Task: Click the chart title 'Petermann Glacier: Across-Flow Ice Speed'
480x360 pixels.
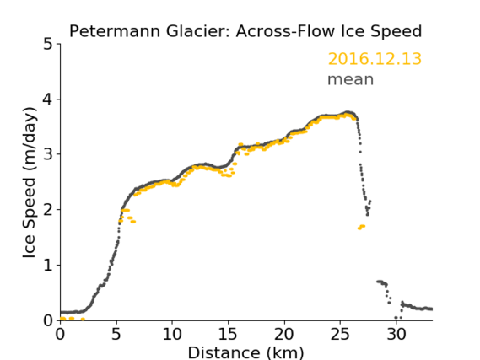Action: point(245,31)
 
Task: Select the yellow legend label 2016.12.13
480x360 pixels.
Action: point(375,59)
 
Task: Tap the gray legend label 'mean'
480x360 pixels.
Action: point(351,79)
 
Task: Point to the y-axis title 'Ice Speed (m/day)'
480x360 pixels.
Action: point(30,183)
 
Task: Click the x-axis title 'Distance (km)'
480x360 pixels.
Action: point(245,352)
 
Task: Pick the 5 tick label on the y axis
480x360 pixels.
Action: point(48,44)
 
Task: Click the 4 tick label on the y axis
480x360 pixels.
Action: point(48,99)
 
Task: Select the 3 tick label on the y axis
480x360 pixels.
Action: point(48,154)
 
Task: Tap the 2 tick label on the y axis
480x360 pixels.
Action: point(48,210)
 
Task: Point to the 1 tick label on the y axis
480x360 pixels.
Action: point(48,265)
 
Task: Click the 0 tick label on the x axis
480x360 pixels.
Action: point(60,334)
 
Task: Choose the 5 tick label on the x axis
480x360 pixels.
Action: point(116,334)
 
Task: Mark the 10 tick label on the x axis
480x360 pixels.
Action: point(172,334)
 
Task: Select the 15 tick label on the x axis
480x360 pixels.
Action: point(228,334)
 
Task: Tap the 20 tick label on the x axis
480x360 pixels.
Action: point(284,334)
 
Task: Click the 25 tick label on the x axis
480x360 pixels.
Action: point(340,334)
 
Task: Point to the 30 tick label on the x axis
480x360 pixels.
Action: point(396,334)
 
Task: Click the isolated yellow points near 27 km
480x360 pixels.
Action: point(362,227)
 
